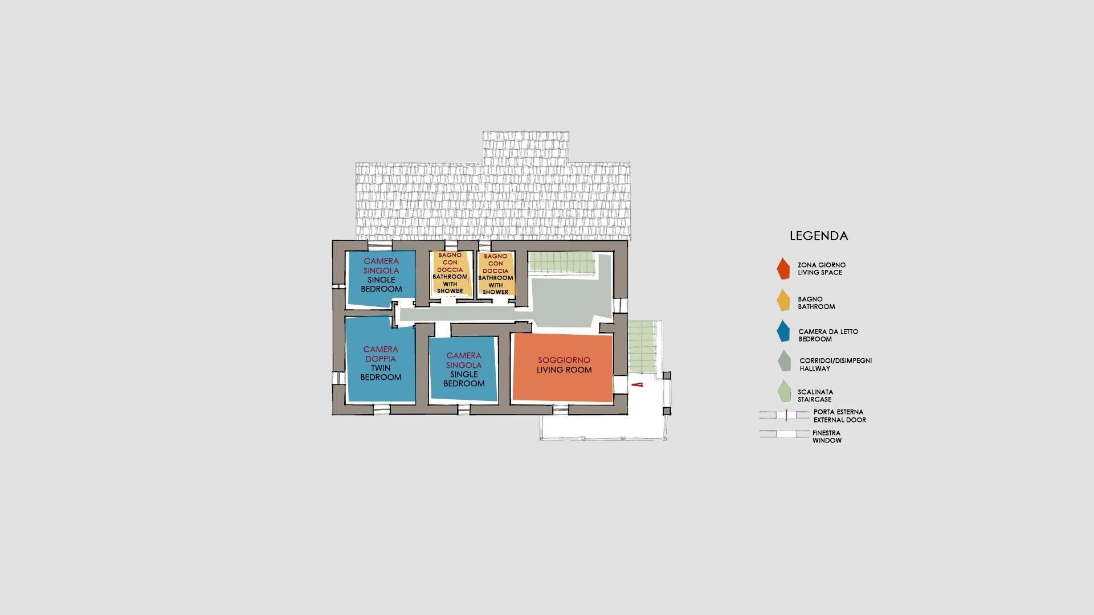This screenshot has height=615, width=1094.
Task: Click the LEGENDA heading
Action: click(x=819, y=236)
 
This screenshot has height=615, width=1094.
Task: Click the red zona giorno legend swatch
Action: click(x=783, y=269)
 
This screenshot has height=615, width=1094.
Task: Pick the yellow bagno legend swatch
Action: click(x=784, y=301)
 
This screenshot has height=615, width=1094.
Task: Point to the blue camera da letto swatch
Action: click(x=784, y=331)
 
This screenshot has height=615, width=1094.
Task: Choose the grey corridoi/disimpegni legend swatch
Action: click(x=785, y=361)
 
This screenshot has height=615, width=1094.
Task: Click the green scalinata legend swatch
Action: click(x=785, y=391)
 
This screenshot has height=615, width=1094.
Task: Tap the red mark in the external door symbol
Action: click(x=786, y=416)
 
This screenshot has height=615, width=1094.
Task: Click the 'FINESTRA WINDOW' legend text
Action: click(x=827, y=437)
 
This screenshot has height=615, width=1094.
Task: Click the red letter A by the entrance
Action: click(x=639, y=385)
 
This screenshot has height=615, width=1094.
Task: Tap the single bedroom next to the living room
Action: click(x=464, y=370)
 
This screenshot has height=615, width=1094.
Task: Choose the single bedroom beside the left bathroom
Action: click(x=381, y=279)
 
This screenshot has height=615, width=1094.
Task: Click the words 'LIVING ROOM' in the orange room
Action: click(x=564, y=370)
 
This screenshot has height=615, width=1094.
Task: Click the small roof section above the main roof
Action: click(x=525, y=146)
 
